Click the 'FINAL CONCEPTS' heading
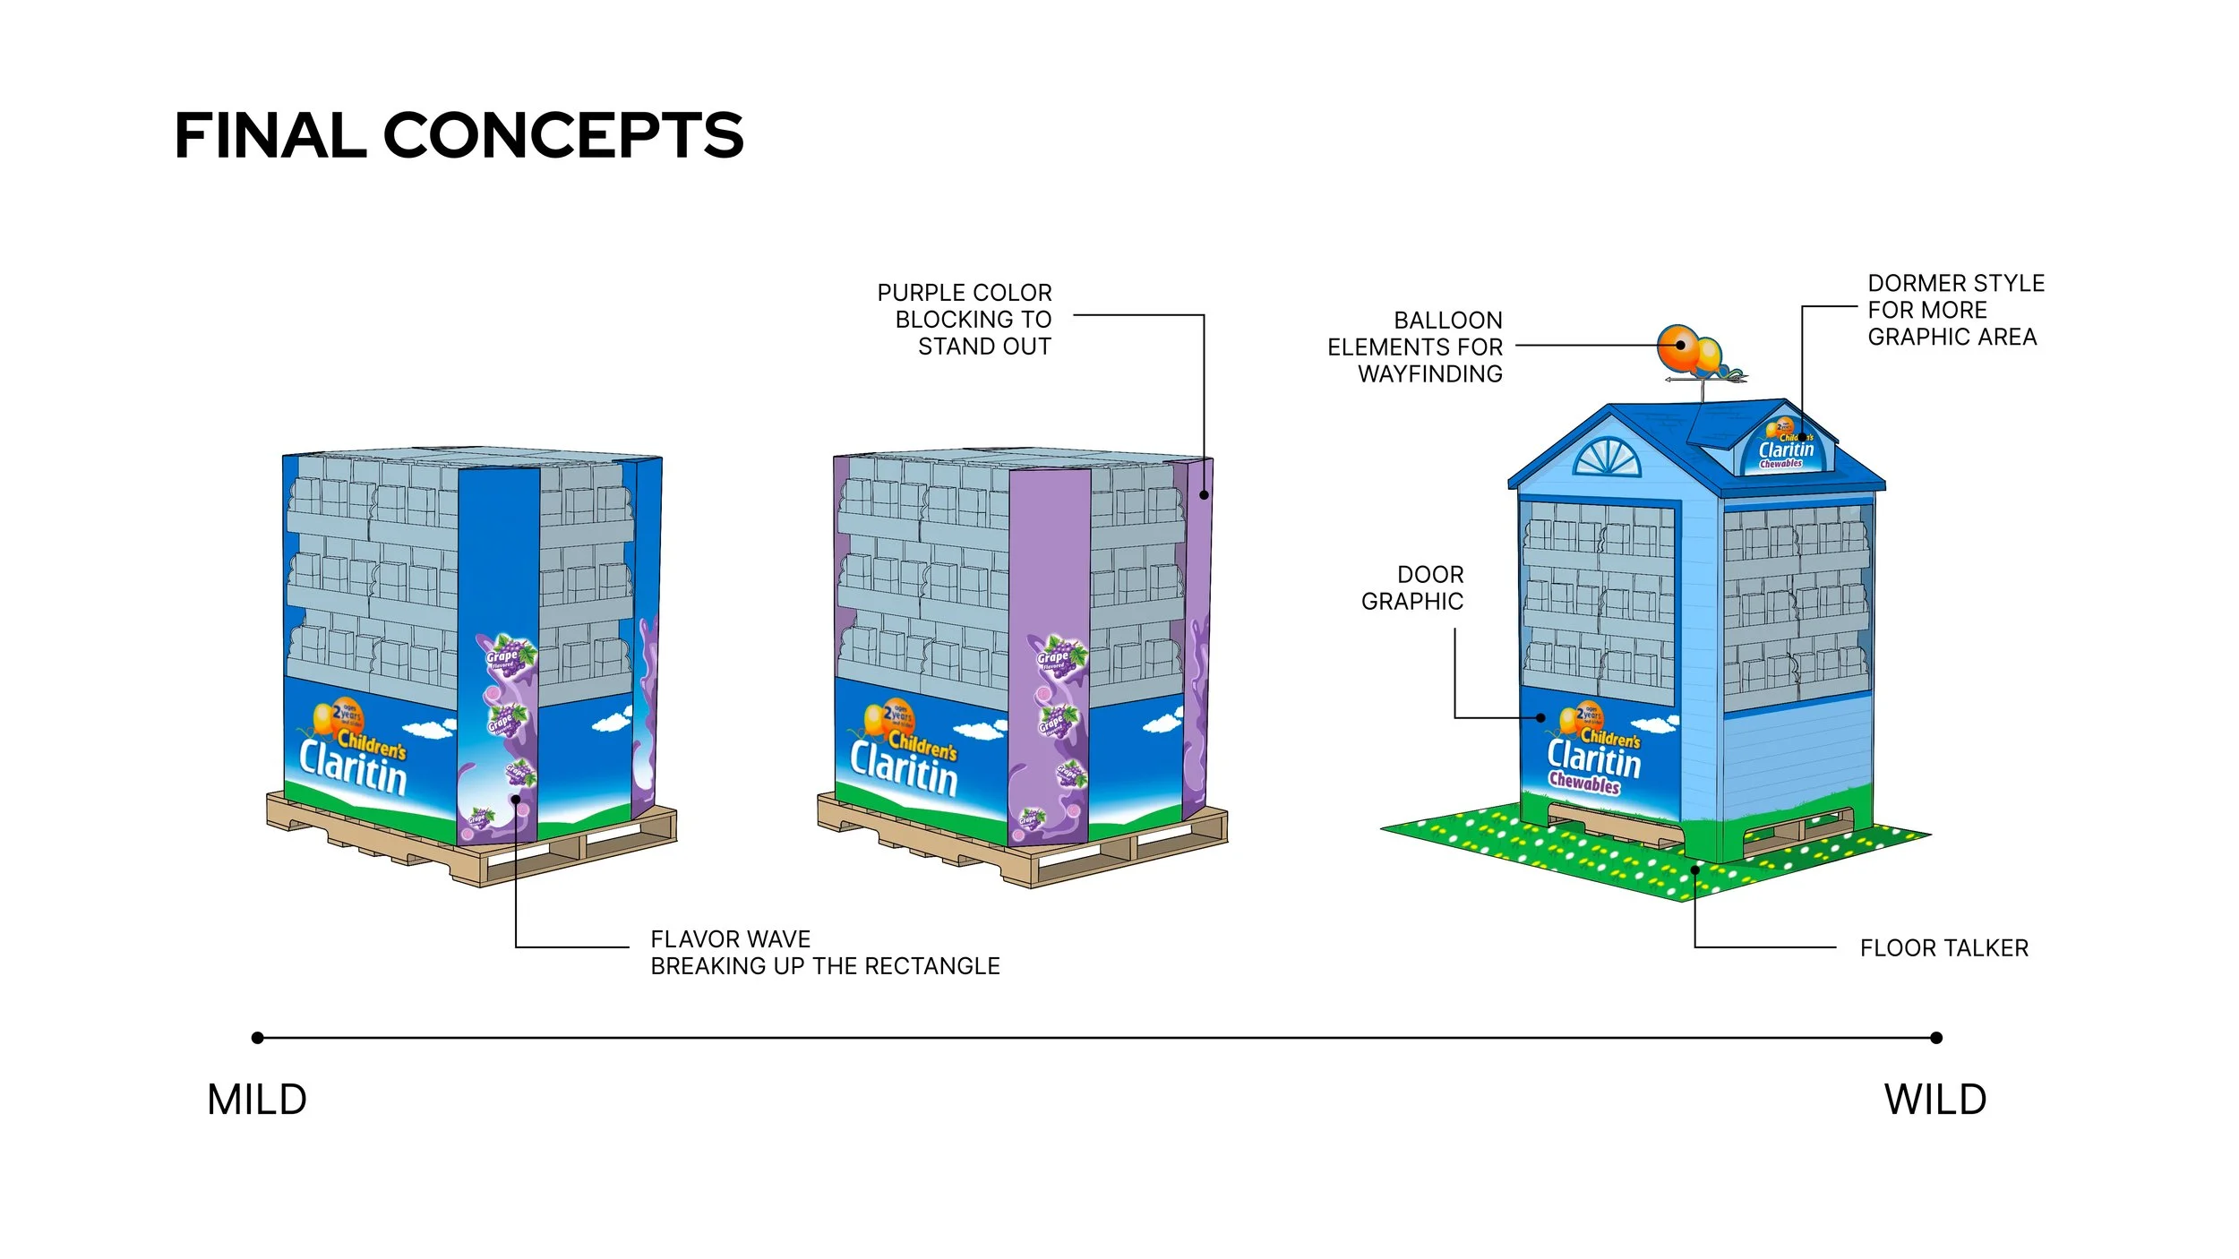pyautogui.click(x=459, y=136)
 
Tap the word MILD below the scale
pyautogui.click(x=257, y=1100)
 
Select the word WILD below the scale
pyautogui.click(x=1935, y=1100)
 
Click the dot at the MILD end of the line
pyautogui.click(x=258, y=1038)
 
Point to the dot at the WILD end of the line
pyautogui.click(x=1936, y=1038)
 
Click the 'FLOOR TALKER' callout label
pyautogui.click(x=1943, y=948)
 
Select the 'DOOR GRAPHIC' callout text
pyautogui.click(x=1412, y=588)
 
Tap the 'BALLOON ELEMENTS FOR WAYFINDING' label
pyautogui.click(x=1415, y=347)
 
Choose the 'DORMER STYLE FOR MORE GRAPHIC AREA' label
pyautogui.click(x=1955, y=310)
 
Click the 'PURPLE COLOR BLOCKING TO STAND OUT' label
pyautogui.click(x=965, y=320)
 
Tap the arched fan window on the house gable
pyautogui.click(x=1608, y=457)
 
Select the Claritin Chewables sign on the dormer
pyautogui.click(x=1785, y=450)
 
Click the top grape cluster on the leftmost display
pyautogui.click(x=510, y=653)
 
